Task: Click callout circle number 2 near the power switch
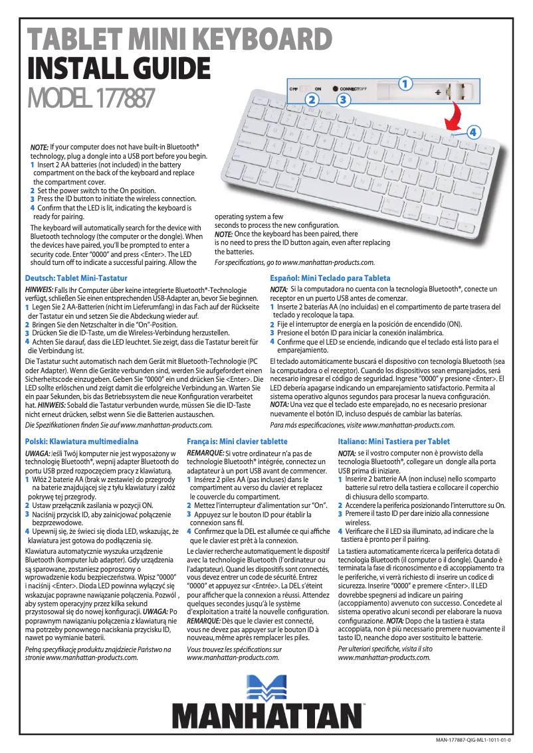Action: pos(310,100)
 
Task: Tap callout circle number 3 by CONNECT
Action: pos(342,100)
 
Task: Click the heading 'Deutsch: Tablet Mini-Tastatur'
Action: pos(76,278)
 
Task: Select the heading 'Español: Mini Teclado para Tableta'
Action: pos(330,278)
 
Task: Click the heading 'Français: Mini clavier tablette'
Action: pos(237,441)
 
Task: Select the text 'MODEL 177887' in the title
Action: pos(90,100)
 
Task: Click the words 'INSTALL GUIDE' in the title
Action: pos(118,68)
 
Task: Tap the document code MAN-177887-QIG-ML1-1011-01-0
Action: pos(474,739)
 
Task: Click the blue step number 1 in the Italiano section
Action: pos(340,479)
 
